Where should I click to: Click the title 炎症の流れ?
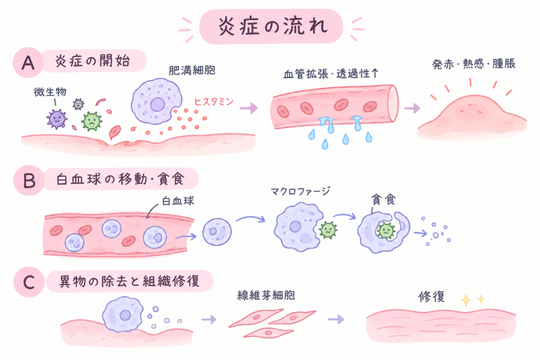point(273,27)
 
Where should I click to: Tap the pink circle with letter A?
point(28,63)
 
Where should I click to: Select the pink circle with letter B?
point(29,180)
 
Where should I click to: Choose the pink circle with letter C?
point(29,282)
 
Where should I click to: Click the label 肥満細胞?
point(192,70)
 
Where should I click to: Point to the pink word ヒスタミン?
point(214,102)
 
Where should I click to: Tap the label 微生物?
point(50,92)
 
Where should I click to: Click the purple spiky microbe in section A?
point(56,119)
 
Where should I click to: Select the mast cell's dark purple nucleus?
point(157,104)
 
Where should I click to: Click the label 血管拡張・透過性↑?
point(331,74)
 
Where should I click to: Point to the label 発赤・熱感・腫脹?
point(474,64)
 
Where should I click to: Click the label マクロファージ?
point(301,191)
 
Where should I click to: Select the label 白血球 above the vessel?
point(178,201)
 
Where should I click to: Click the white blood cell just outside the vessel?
point(217,231)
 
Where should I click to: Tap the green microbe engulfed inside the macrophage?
point(385,231)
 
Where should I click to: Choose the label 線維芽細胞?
point(266,295)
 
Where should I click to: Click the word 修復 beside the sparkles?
point(431,296)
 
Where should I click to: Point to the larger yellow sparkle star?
point(466,300)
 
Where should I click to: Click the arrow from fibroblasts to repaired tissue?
point(336,319)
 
